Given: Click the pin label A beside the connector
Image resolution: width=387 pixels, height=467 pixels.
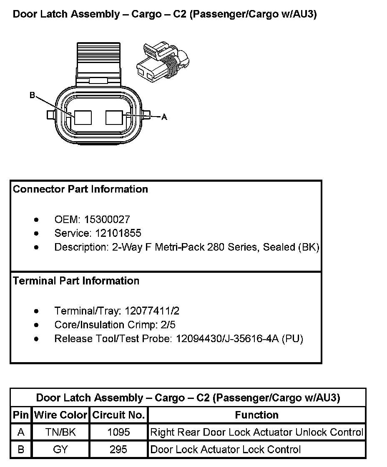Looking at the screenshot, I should [164, 117].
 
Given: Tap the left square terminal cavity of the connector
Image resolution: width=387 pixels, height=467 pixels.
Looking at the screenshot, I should [83, 117].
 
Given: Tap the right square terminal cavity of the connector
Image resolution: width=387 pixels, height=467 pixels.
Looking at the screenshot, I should [114, 117].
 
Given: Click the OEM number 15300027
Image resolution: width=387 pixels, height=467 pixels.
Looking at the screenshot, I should [107, 219].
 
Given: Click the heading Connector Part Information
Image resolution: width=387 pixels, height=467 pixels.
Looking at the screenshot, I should [80, 189].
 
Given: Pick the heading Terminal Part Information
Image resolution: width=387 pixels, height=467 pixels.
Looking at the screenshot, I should [76, 281].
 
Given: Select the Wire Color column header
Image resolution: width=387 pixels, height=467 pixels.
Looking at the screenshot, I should [60, 415].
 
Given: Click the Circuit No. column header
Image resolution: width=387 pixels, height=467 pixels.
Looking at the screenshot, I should [118, 415].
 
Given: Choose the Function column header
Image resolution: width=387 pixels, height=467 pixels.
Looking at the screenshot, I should [256, 415].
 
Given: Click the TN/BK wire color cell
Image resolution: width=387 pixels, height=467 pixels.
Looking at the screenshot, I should [60, 432].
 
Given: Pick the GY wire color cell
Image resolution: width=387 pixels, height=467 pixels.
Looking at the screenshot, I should [60, 449].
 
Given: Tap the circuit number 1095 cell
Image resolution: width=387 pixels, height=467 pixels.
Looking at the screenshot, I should [118, 432].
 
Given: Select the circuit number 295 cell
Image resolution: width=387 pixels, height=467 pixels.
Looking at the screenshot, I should [118, 449].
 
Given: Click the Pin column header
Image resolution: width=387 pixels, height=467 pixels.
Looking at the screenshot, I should [21, 415].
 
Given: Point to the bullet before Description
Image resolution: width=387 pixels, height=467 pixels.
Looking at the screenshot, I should [37, 247].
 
